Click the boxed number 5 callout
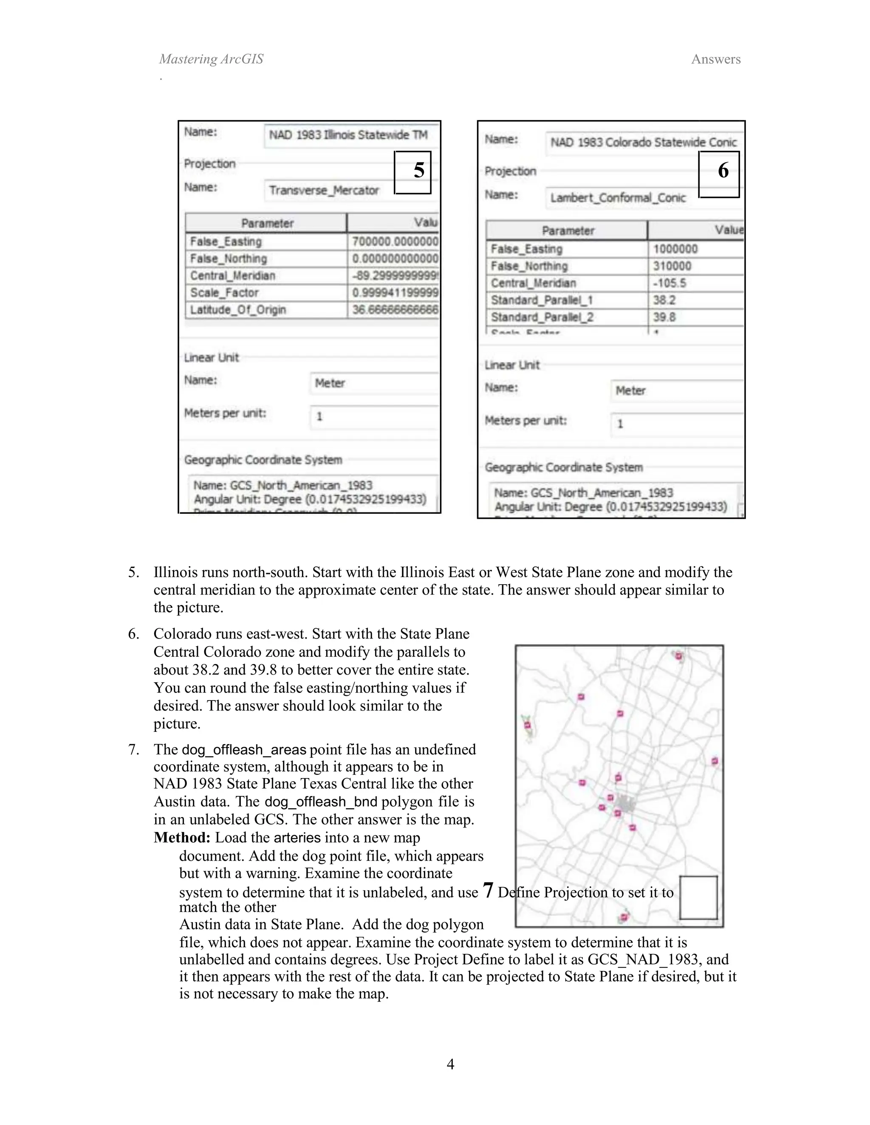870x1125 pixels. click(x=413, y=172)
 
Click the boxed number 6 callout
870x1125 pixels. click(x=719, y=174)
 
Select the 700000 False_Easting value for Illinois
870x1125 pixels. click(x=394, y=242)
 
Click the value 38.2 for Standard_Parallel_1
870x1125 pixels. click(x=664, y=300)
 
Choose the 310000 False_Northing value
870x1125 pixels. click(x=672, y=266)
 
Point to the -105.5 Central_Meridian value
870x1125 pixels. click(x=670, y=283)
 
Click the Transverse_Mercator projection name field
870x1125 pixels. click(x=324, y=191)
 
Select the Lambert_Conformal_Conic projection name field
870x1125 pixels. click(x=617, y=198)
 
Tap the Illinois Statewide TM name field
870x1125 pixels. click(x=348, y=135)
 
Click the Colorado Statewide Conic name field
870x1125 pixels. click(x=643, y=142)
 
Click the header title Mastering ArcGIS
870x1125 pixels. click(x=211, y=59)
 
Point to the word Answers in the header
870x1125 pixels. click(x=715, y=59)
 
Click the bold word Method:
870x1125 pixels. click(x=182, y=838)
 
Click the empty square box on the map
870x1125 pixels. click(x=698, y=897)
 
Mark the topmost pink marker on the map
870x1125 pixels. click(x=679, y=656)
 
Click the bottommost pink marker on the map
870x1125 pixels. click(x=624, y=917)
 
